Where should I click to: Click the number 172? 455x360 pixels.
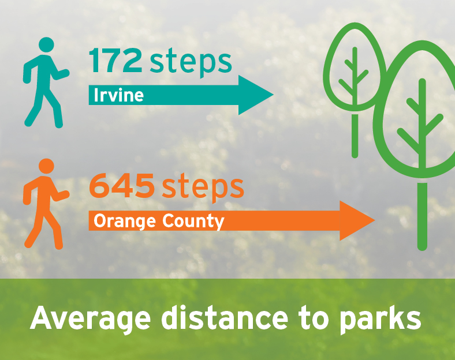click(x=115, y=61)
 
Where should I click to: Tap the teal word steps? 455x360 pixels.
click(x=191, y=62)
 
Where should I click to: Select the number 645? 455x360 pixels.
click(x=122, y=185)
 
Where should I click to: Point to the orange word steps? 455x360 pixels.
click(x=203, y=187)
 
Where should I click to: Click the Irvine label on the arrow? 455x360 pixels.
click(x=119, y=95)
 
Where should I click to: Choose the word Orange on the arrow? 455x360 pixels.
click(x=125, y=222)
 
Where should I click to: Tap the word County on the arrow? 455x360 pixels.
click(x=193, y=222)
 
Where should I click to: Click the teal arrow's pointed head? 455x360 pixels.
click(x=273, y=95)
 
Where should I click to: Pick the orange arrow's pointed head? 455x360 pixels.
click(x=374, y=220)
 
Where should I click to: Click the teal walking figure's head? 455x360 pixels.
click(x=46, y=45)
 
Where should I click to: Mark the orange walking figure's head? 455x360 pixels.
click(x=46, y=166)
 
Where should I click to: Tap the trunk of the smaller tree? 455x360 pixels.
click(x=355, y=136)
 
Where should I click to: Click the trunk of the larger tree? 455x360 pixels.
click(x=422, y=216)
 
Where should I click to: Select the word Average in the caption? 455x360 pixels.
click(x=90, y=318)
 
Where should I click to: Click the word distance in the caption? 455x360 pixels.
click(x=225, y=318)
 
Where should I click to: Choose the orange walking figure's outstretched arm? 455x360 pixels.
click(x=61, y=196)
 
